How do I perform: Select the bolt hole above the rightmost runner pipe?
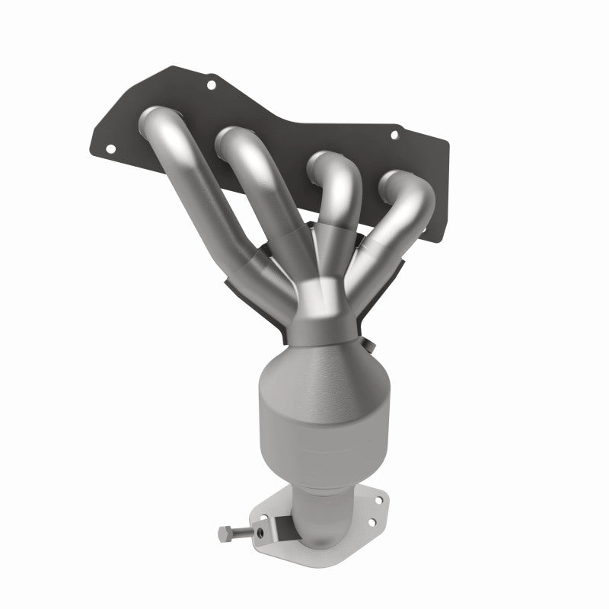pos(394,136)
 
